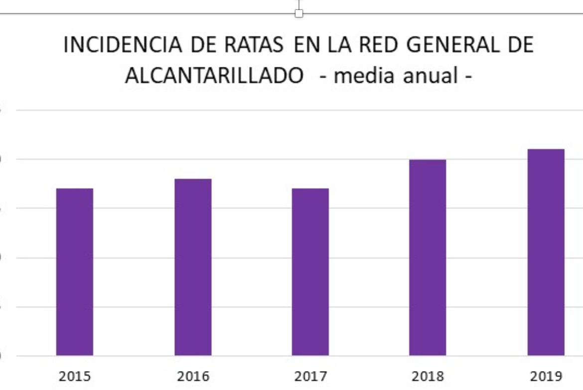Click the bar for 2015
pyautogui.click(x=75, y=272)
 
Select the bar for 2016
pyautogui.click(x=193, y=267)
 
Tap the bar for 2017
pyautogui.click(x=310, y=272)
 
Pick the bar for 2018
pyautogui.click(x=428, y=257)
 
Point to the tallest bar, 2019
pyautogui.click(x=546, y=252)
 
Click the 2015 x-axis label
pyautogui.click(x=75, y=376)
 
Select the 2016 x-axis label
pyautogui.click(x=193, y=376)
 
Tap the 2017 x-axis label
pyautogui.click(x=310, y=376)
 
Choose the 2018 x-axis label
pyautogui.click(x=428, y=376)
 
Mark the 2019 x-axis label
pyautogui.click(x=546, y=376)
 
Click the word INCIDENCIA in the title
pyautogui.click(x=123, y=45)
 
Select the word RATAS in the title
pyautogui.click(x=254, y=45)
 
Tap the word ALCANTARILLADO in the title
pyautogui.click(x=214, y=75)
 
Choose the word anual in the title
pyautogui.click(x=431, y=75)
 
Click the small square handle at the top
pyautogui.click(x=298, y=14)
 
